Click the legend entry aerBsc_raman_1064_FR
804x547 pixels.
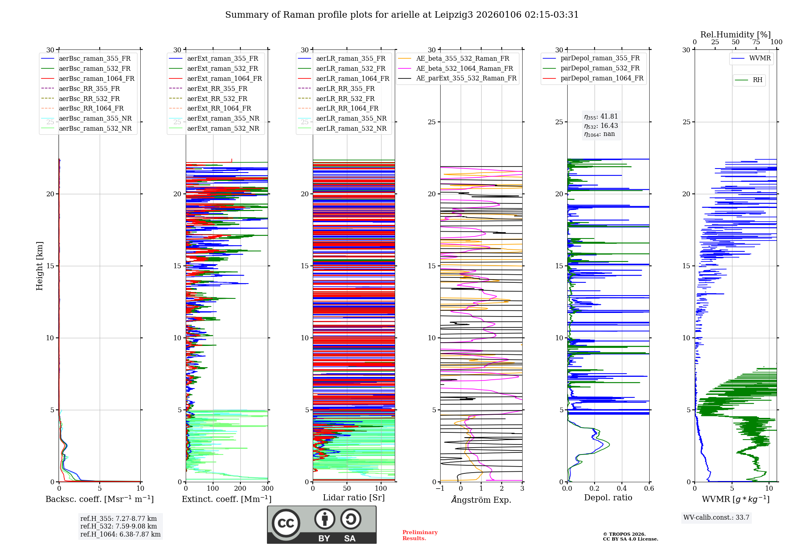(96, 79)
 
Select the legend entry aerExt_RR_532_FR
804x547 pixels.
(217, 99)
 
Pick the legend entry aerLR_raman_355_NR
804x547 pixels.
(351, 119)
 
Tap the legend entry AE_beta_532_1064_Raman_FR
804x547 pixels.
(464, 69)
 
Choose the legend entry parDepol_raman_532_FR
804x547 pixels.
(600, 68)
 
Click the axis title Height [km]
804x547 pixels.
(39, 266)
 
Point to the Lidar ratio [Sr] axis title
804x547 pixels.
(354, 498)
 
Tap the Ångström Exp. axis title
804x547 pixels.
(481, 500)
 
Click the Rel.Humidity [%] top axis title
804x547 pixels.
(735, 35)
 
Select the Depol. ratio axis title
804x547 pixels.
(608, 498)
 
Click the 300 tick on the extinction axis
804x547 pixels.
(267, 489)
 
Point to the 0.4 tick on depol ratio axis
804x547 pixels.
(622, 489)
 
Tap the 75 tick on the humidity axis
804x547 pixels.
(756, 42)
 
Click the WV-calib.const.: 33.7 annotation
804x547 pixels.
(716, 518)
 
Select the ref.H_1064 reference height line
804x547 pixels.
(120, 535)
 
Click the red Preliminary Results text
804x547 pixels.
(420, 535)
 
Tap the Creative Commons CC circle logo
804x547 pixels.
(286, 523)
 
